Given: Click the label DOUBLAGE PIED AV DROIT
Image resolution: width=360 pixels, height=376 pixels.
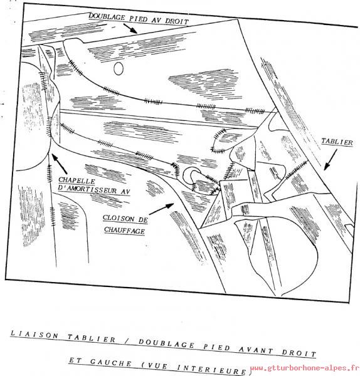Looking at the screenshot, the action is (139, 18).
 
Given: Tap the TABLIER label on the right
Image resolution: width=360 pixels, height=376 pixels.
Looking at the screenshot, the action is (337, 142).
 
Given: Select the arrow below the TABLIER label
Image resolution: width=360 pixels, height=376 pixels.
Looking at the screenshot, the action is (331, 159).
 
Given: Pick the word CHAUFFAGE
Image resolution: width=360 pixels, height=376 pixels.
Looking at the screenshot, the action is (124, 230).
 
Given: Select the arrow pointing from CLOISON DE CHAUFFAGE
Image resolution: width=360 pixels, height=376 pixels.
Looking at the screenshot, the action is (161, 209).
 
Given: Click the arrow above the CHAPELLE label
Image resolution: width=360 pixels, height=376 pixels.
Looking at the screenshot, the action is (60, 164).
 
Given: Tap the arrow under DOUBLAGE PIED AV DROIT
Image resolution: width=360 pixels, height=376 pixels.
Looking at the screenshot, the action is (130, 28).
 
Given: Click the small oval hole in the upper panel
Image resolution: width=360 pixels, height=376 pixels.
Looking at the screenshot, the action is (119, 69).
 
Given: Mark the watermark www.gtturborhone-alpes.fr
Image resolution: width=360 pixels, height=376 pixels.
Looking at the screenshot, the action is (304, 368).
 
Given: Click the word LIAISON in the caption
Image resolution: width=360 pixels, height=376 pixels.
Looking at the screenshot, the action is (34, 334).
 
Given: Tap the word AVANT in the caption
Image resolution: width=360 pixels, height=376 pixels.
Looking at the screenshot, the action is (256, 350).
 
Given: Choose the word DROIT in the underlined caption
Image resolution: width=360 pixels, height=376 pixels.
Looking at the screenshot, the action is (299, 353).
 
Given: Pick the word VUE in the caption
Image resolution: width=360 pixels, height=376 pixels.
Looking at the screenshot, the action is (156, 365).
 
